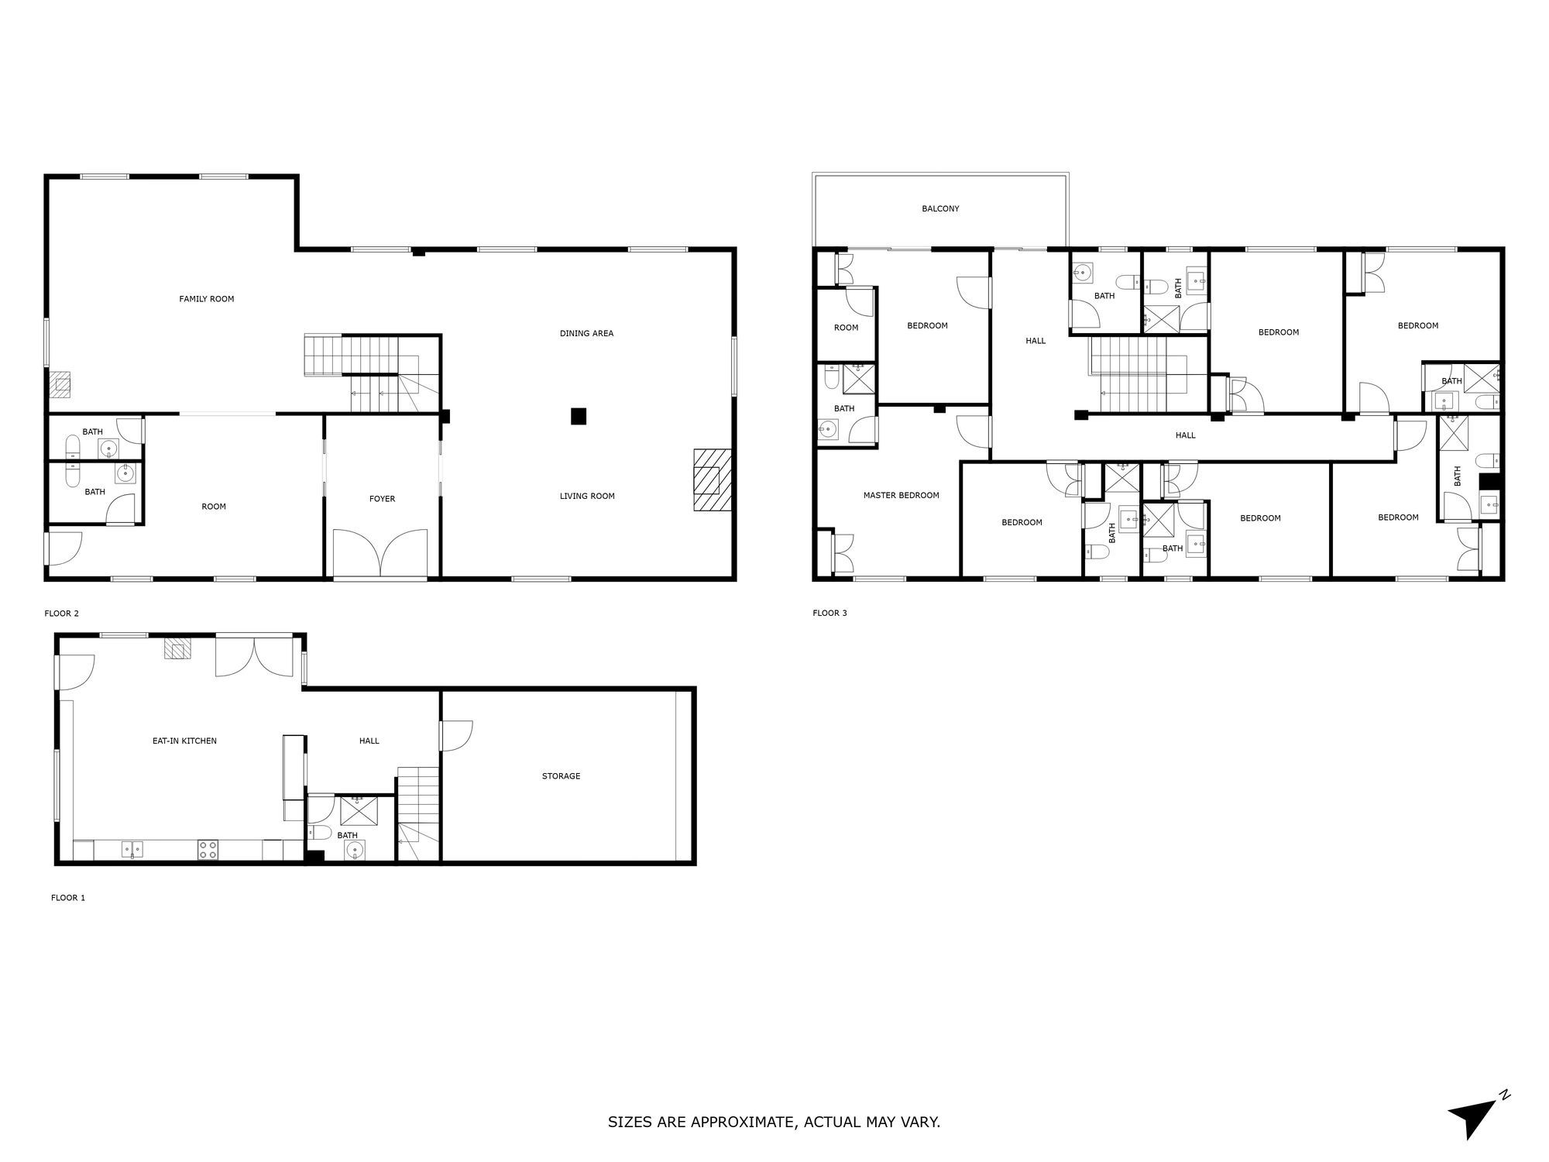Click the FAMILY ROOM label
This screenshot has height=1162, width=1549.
pyautogui.click(x=206, y=299)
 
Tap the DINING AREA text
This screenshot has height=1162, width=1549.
pyautogui.click(x=586, y=334)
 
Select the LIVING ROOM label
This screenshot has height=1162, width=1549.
pyautogui.click(x=587, y=497)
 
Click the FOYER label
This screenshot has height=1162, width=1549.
pyautogui.click(x=382, y=499)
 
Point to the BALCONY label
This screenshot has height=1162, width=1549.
pyautogui.click(x=940, y=208)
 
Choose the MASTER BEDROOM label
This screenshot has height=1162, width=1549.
pyautogui.click(x=901, y=496)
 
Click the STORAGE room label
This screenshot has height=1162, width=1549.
pyautogui.click(x=561, y=776)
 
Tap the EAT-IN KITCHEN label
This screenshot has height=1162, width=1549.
pyautogui.click(x=184, y=741)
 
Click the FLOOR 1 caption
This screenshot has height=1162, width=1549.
pyautogui.click(x=68, y=898)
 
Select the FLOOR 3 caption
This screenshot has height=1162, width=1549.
pyautogui.click(x=829, y=614)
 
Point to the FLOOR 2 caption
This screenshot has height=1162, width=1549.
pyautogui.click(x=61, y=614)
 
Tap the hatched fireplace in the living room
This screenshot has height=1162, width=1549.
pyautogui.click(x=713, y=480)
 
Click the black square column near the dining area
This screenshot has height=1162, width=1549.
pyautogui.click(x=579, y=416)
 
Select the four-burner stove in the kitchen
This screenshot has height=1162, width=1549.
pyautogui.click(x=208, y=850)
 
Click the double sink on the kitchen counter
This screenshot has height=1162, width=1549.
pyautogui.click(x=132, y=849)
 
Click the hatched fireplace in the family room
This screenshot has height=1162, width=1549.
pyautogui.click(x=60, y=384)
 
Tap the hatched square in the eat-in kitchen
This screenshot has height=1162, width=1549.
pyautogui.click(x=177, y=648)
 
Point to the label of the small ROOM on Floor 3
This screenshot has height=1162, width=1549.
pyautogui.click(x=846, y=328)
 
